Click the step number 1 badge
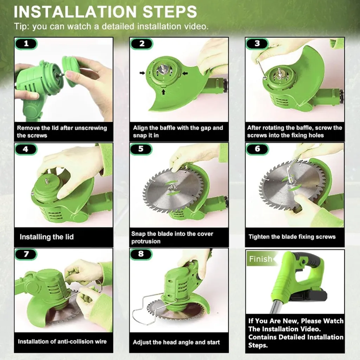tap(26, 44)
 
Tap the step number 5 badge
tap(141, 149)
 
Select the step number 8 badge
tap(141, 254)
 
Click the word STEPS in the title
tap(170, 12)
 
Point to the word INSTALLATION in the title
tap(75, 12)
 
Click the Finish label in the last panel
tap(261, 259)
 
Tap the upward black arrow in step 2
tap(163, 92)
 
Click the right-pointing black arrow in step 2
tap(142, 73)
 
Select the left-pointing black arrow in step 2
tap(185, 73)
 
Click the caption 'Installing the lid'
tap(47, 237)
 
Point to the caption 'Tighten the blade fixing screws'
tap(292, 237)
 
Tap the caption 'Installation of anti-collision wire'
tap(62, 341)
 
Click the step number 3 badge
tap(257, 44)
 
